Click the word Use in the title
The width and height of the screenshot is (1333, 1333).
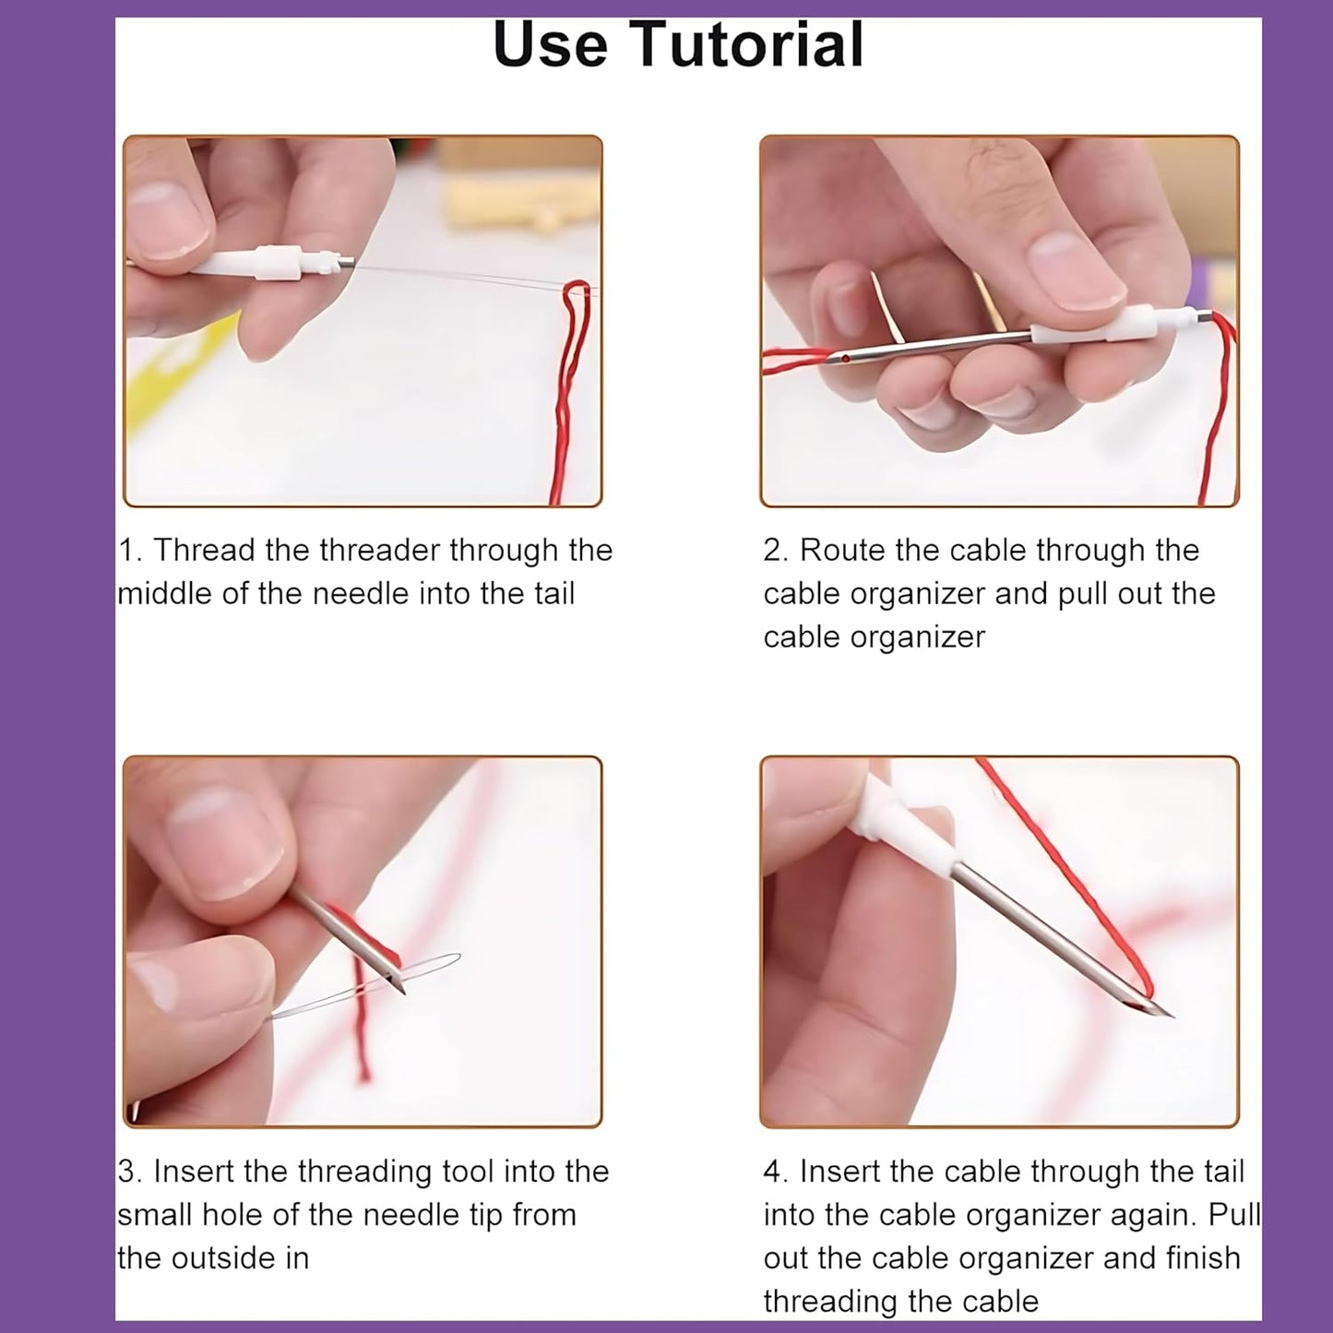pos(550,44)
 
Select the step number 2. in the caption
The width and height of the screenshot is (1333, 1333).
pos(776,551)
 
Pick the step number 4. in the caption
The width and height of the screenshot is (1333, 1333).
pos(776,1172)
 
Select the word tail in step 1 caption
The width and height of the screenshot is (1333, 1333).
pos(553,593)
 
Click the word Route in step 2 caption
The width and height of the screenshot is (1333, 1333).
pos(842,551)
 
